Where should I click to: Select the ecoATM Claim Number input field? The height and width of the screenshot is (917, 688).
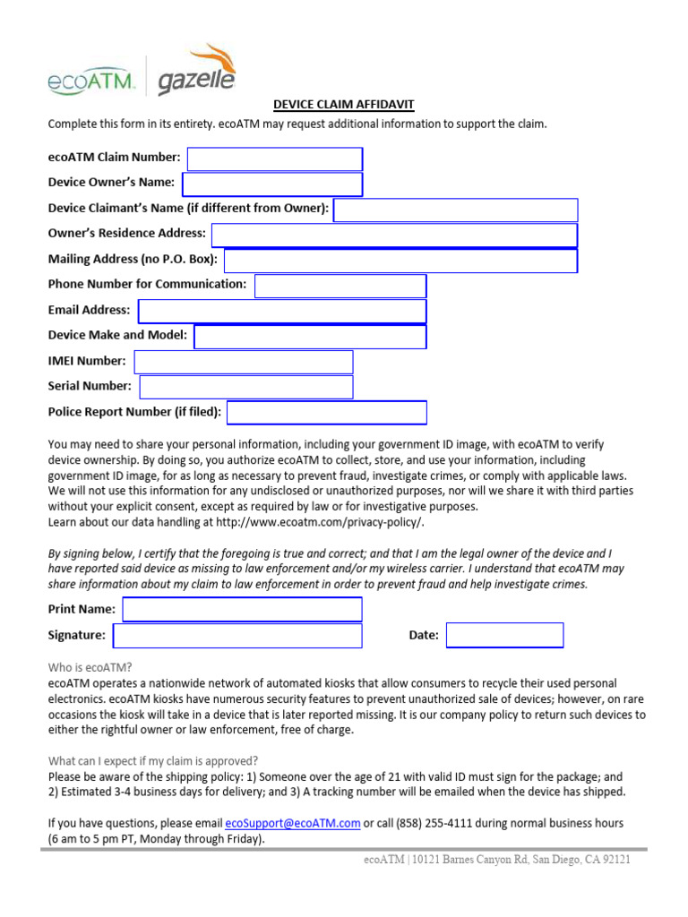[x=274, y=159]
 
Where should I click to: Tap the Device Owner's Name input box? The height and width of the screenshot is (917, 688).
[x=272, y=184]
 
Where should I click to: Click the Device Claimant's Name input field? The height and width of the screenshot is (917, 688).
[x=455, y=210]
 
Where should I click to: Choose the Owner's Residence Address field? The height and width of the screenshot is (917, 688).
[x=394, y=236]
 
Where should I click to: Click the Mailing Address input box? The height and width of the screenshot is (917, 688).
[x=400, y=261]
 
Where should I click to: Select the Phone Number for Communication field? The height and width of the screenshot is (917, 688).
[x=340, y=286]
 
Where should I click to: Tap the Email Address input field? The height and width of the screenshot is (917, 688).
[x=282, y=312]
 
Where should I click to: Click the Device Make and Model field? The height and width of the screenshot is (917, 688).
[x=310, y=337]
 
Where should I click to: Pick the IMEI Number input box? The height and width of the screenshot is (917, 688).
[x=244, y=362]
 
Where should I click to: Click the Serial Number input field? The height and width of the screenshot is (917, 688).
[x=246, y=387]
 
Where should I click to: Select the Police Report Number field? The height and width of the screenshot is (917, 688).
[x=327, y=413]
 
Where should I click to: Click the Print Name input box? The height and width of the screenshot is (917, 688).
[x=242, y=610]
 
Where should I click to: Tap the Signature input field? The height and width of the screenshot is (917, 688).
[x=237, y=636]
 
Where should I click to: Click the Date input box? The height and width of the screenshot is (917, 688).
[x=504, y=636]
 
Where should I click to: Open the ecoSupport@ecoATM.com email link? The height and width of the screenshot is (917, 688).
[x=293, y=823]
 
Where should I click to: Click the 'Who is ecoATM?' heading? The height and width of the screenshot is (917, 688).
[x=90, y=667]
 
